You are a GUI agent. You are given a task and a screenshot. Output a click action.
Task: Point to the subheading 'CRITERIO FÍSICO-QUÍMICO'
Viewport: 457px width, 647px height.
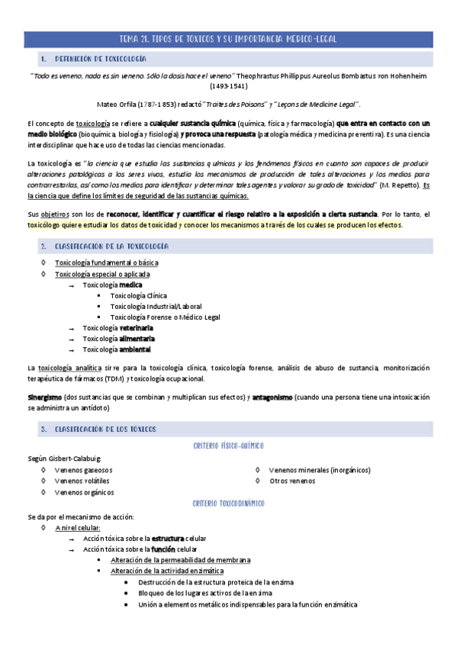click(x=228, y=446)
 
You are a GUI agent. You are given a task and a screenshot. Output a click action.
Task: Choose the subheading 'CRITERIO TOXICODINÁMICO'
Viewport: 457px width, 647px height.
click(x=228, y=504)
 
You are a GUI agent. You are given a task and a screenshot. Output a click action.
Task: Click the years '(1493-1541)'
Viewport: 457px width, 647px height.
click(x=228, y=86)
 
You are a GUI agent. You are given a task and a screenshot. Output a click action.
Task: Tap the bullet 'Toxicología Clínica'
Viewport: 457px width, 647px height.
click(x=138, y=296)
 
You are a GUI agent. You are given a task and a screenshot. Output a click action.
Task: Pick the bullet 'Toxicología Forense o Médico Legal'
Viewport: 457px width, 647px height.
click(x=165, y=317)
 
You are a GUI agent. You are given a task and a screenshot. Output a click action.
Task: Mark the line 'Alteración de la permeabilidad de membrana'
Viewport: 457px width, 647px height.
click(x=180, y=560)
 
